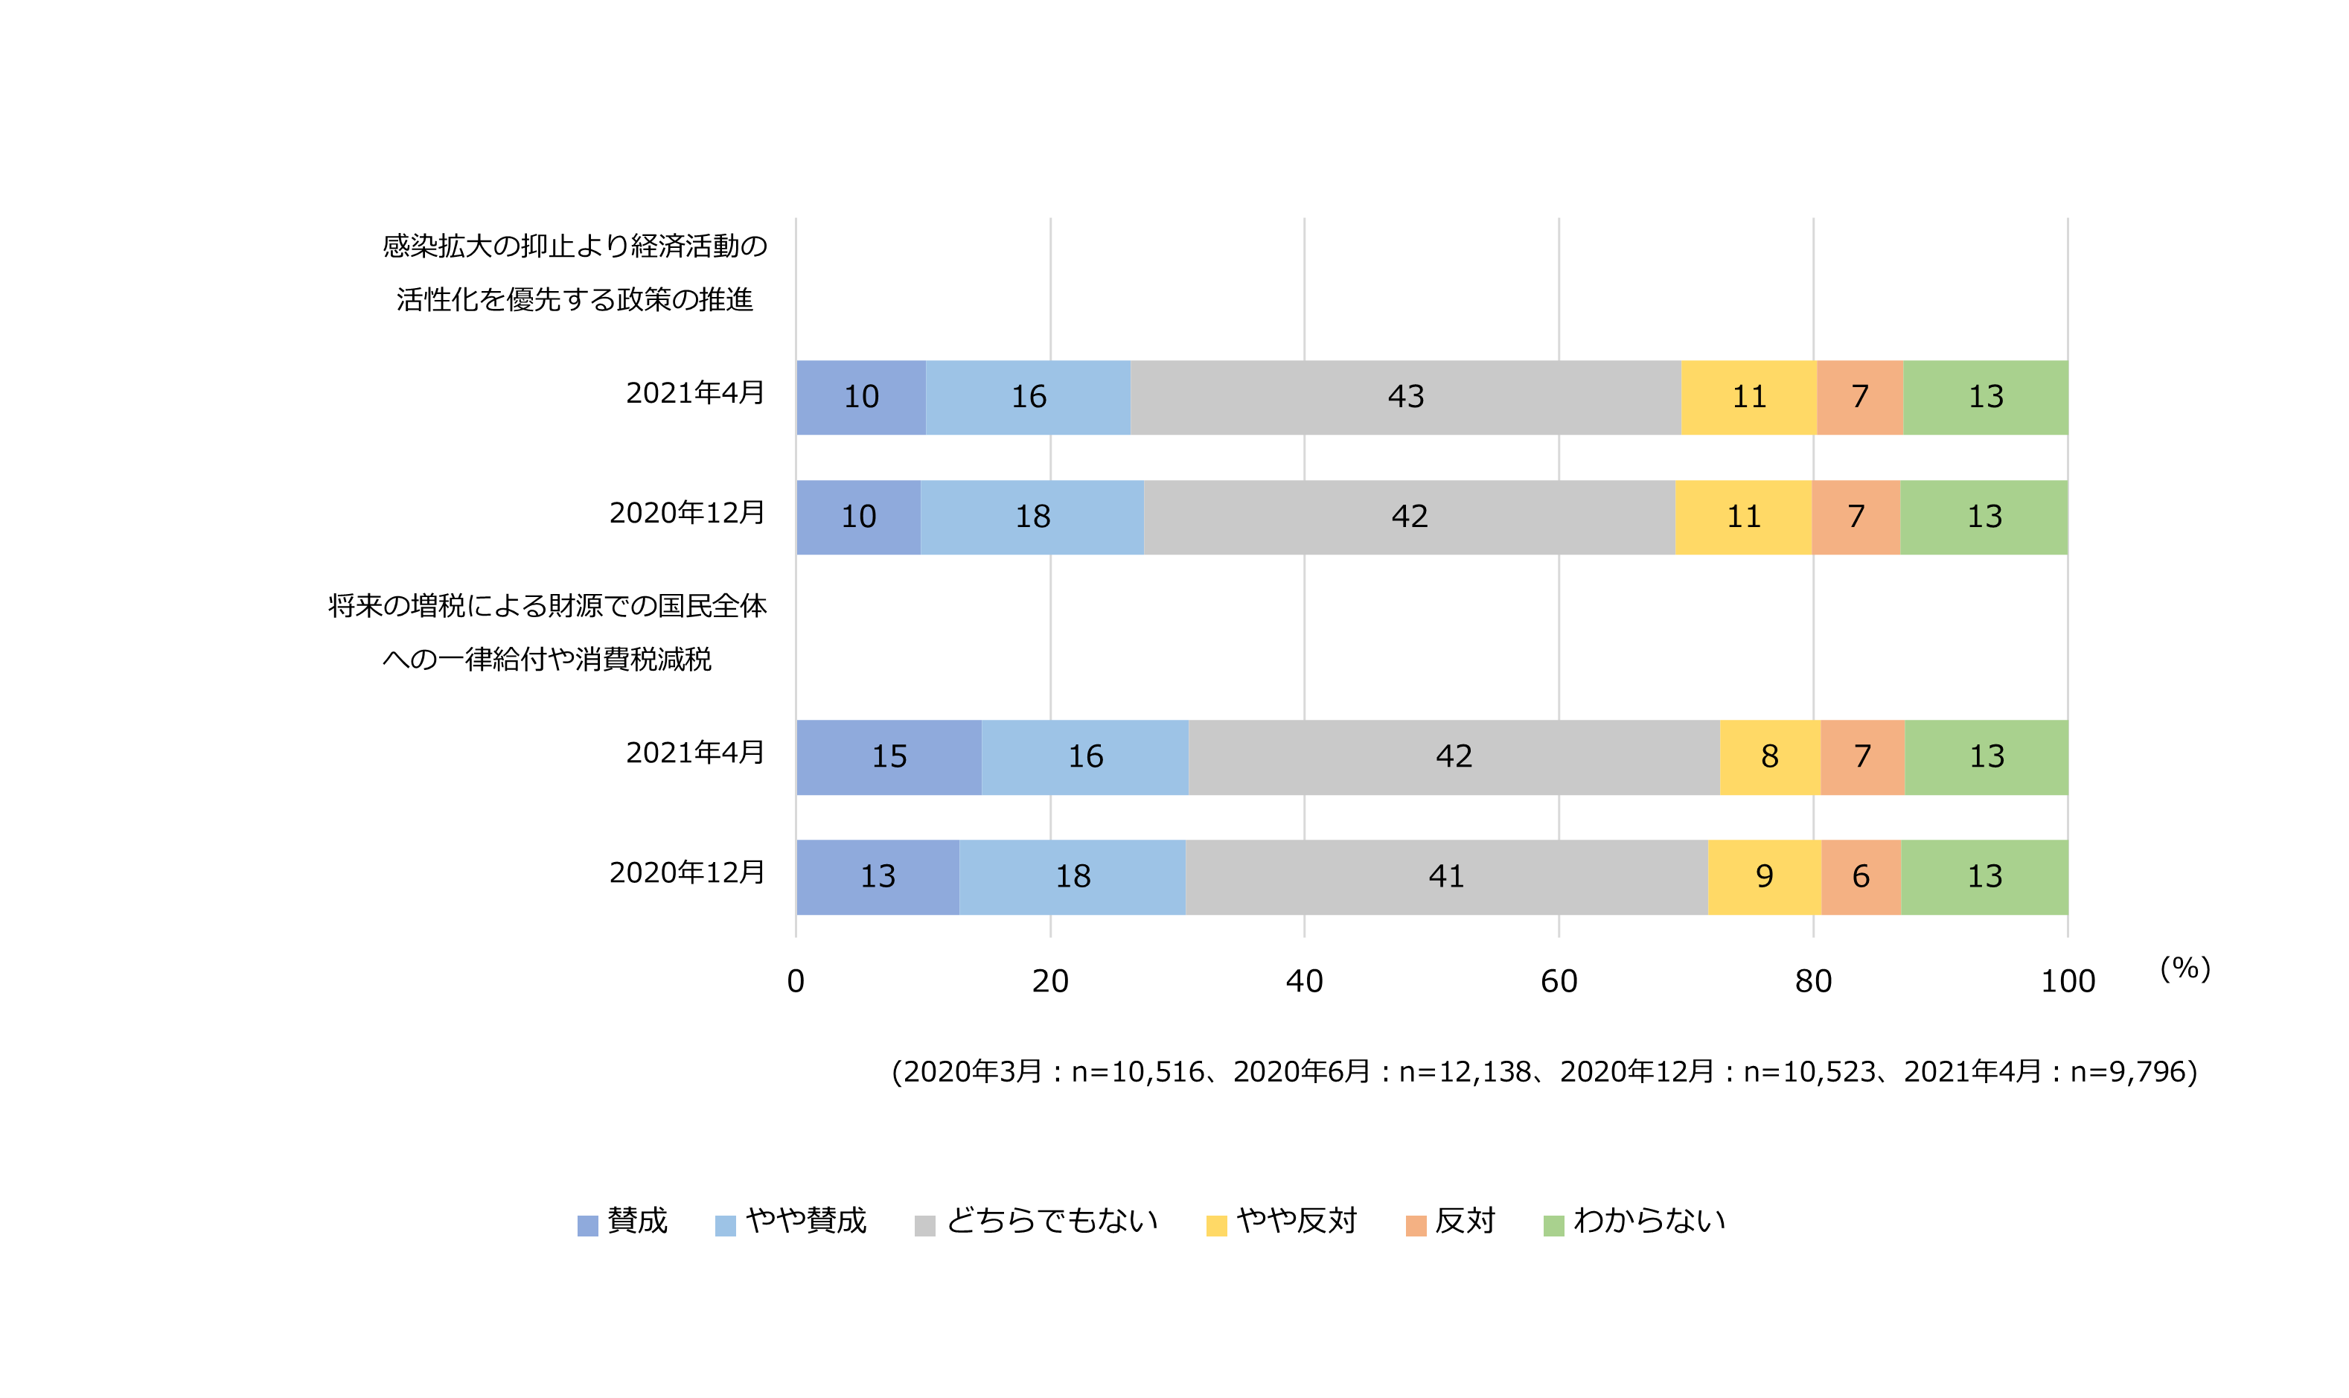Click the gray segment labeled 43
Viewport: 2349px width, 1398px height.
[x=1404, y=397]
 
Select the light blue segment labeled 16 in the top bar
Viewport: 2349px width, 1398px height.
[x=1028, y=397]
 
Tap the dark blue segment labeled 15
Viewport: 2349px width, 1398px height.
[x=888, y=756]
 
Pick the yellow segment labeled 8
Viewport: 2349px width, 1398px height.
[x=1768, y=756]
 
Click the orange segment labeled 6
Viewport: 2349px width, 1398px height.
[x=1860, y=876]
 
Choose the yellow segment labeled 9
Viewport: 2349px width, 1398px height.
[x=1764, y=876]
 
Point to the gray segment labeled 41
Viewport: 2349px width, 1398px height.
[x=1445, y=876]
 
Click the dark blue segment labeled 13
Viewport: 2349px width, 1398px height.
[x=877, y=876]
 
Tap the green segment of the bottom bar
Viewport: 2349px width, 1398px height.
[x=1984, y=876]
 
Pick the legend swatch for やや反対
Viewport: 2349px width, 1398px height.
[x=1216, y=1225]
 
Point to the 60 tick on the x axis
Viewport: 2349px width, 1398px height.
[x=1559, y=982]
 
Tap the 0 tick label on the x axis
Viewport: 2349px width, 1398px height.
[x=796, y=982]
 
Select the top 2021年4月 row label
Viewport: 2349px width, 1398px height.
[x=695, y=393]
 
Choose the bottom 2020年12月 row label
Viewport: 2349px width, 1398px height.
[x=687, y=872]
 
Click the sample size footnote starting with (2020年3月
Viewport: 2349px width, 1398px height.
[x=1544, y=1071]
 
